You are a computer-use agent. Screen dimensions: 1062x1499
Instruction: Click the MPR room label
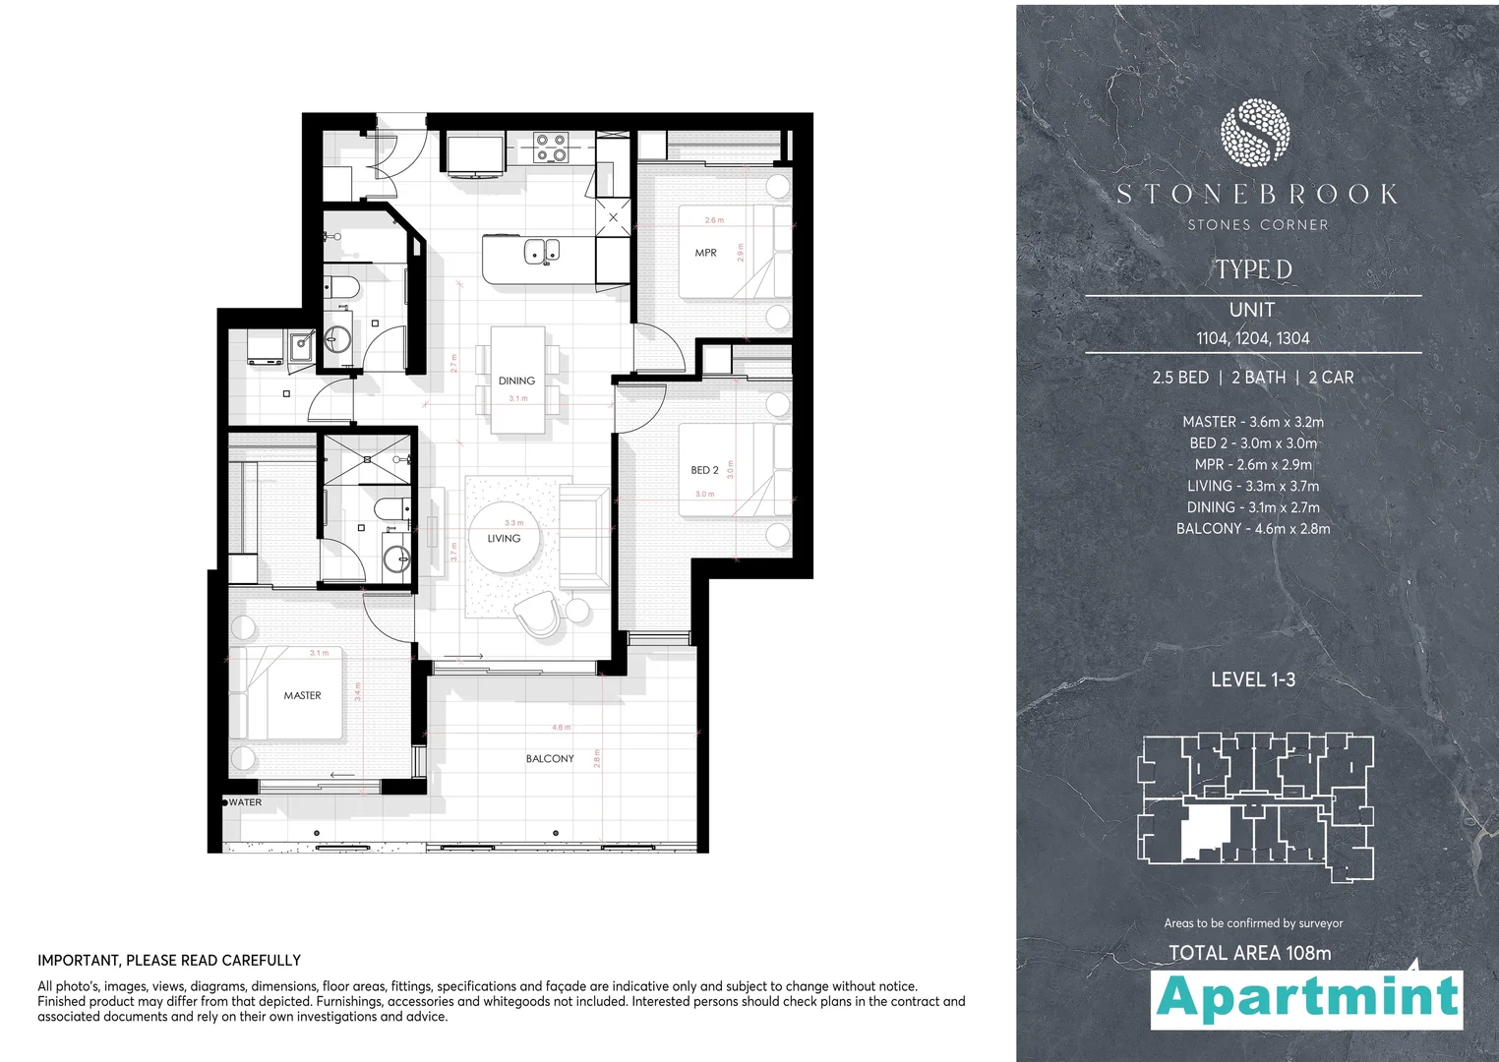pos(705,253)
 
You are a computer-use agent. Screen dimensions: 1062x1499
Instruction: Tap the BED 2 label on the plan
pos(704,470)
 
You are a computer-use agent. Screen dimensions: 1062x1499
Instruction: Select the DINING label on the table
pos(516,381)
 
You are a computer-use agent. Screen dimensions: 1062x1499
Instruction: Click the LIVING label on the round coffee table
pos(504,538)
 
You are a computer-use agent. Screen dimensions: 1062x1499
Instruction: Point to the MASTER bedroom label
pos(302,695)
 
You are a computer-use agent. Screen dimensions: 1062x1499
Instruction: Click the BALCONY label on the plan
pos(550,758)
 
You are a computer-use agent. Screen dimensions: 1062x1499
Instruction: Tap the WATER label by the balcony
pos(245,802)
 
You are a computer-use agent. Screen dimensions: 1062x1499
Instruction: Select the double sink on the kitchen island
pos(541,251)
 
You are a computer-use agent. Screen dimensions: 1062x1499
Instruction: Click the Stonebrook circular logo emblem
pos(1254,132)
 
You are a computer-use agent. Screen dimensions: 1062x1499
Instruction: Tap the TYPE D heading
pos(1253,269)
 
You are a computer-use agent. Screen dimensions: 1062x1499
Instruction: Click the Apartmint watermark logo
pos(1307,998)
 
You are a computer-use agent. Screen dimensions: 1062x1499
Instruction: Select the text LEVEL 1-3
pos(1252,679)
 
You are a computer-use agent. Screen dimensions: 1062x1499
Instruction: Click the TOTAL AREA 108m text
pos(1249,953)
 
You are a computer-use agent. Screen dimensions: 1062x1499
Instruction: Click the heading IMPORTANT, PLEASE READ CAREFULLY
pos(169,960)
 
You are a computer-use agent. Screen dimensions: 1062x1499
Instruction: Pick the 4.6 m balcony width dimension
pos(561,728)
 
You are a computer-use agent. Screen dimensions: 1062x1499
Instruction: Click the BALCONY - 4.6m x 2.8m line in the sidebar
pos(1253,529)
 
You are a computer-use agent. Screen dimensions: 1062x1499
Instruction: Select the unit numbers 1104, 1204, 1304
pos(1252,338)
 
